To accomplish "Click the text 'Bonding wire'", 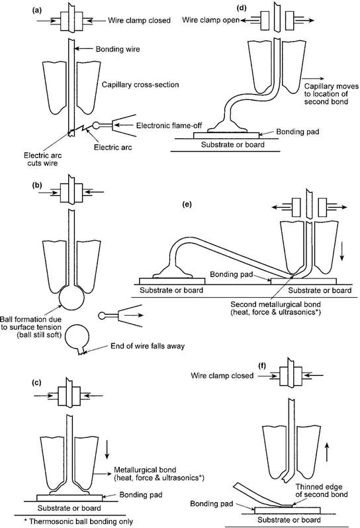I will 104,49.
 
